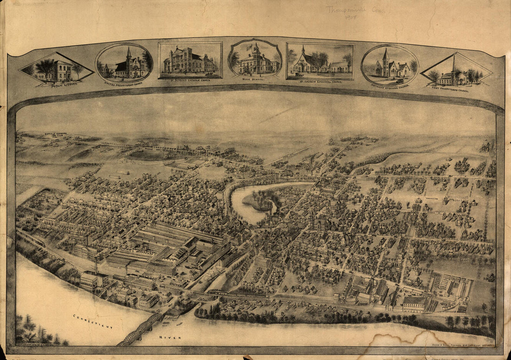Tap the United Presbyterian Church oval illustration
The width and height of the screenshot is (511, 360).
124,64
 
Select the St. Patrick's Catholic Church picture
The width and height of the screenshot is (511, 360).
190,60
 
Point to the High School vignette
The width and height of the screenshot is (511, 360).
255,59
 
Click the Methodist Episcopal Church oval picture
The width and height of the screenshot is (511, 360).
390,65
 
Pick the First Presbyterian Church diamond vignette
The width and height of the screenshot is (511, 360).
456,72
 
